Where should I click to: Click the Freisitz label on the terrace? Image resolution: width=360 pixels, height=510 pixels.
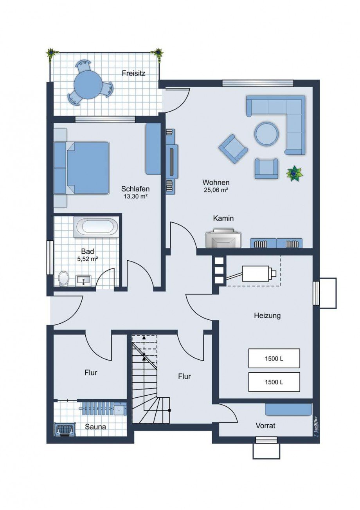pyautogui.click(x=133, y=73)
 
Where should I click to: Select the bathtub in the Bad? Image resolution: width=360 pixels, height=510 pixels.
pyautogui.click(x=95, y=227)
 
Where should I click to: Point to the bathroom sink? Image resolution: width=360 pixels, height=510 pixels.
pyautogui.click(x=83, y=279)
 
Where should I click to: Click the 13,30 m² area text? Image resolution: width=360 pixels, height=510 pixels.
pyautogui.click(x=135, y=196)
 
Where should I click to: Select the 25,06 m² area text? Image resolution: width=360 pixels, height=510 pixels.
pyautogui.click(x=216, y=190)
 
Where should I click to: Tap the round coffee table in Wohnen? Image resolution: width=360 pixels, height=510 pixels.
pyautogui.click(x=267, y=133)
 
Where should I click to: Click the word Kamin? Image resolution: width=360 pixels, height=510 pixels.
pyautogui.click(x=223, y=218)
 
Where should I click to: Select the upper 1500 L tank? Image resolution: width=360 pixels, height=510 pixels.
pyautogui.click(x=274, y=358)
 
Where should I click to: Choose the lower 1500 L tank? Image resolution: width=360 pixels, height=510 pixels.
pyautogui.click(x=274, y=382)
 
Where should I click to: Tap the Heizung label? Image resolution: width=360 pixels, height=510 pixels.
pyautogui.click(x=267, y=315)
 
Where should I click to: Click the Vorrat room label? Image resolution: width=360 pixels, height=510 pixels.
pyautogui.click(x=265, y=425)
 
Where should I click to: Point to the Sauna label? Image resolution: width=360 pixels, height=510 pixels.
pyautogui.click(x=95, y=427)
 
